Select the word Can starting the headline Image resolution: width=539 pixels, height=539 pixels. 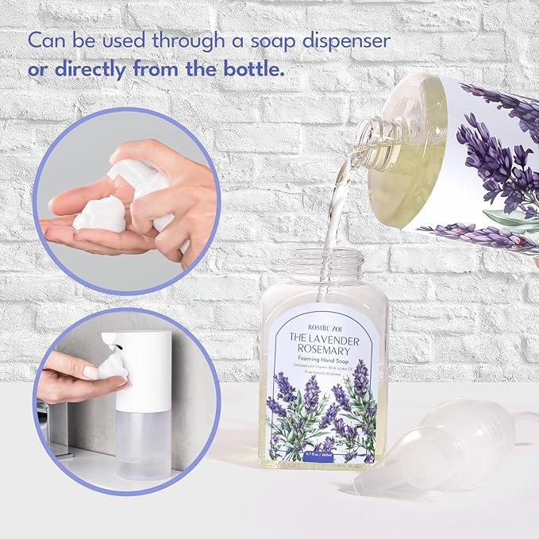pyautogui.click(x=46, y=40)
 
